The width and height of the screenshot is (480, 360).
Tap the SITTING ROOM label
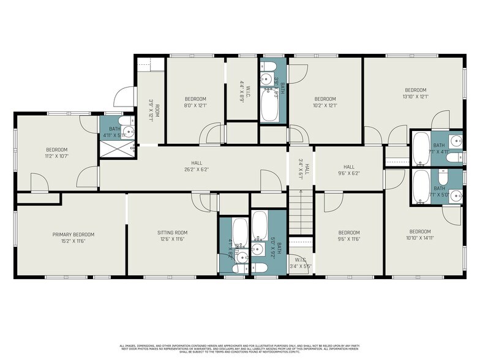tap(172, 236)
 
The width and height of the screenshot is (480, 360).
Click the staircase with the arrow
tap(300, 212)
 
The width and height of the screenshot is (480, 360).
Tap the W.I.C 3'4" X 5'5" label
tap(300, 264)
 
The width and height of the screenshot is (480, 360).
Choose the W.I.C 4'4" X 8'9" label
tap(242, 91)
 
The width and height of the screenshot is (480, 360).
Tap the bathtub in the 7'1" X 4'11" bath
tap(420, 149)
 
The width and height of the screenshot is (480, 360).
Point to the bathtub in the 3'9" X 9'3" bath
tap(270, 105)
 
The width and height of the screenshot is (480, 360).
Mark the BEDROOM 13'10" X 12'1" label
tap(415, 92)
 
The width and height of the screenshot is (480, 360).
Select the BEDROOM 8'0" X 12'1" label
tap(195, 102)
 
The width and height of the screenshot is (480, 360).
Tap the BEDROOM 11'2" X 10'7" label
tap(56, 153)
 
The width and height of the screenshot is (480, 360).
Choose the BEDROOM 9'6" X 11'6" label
tap(349, 236)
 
